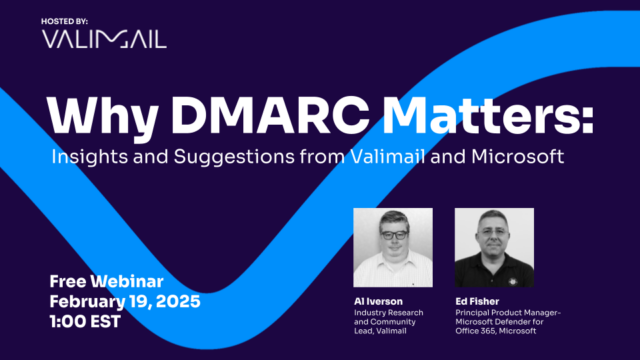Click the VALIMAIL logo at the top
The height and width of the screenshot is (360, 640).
coord(104,39)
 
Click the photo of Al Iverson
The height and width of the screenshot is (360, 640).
coord(393,246)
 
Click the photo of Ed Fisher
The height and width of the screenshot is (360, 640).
coord(494,246)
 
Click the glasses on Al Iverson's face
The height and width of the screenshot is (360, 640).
coord(393,234)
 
